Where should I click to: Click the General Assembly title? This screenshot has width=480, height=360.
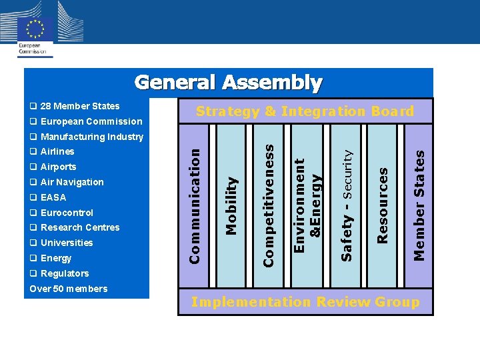click(228, 83)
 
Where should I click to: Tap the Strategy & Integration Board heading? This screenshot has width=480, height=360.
click(305, 111)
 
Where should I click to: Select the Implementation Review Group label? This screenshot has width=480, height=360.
click(305, 302)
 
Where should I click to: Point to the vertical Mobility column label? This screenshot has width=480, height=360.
click(231, 205)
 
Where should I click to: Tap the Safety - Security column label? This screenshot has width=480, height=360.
click(346, 204)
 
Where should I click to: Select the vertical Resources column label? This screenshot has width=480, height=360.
click(383, 205)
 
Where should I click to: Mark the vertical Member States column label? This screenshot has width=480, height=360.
click(419, 205)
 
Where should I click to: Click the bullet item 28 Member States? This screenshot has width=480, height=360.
click(75, 106)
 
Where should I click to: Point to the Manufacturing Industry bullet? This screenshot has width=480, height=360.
click(87, 137)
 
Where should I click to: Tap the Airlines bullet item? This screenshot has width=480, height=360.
click(52, 151)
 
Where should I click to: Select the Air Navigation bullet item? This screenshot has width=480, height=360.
click(67, 182)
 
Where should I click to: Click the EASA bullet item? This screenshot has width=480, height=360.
click(48, 197)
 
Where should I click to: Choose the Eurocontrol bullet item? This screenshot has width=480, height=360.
click(61, 213)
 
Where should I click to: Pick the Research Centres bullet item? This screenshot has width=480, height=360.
click(75, 227)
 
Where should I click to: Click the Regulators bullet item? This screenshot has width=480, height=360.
click(59, 273)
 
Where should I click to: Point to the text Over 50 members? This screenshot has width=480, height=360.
click(68, 289)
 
